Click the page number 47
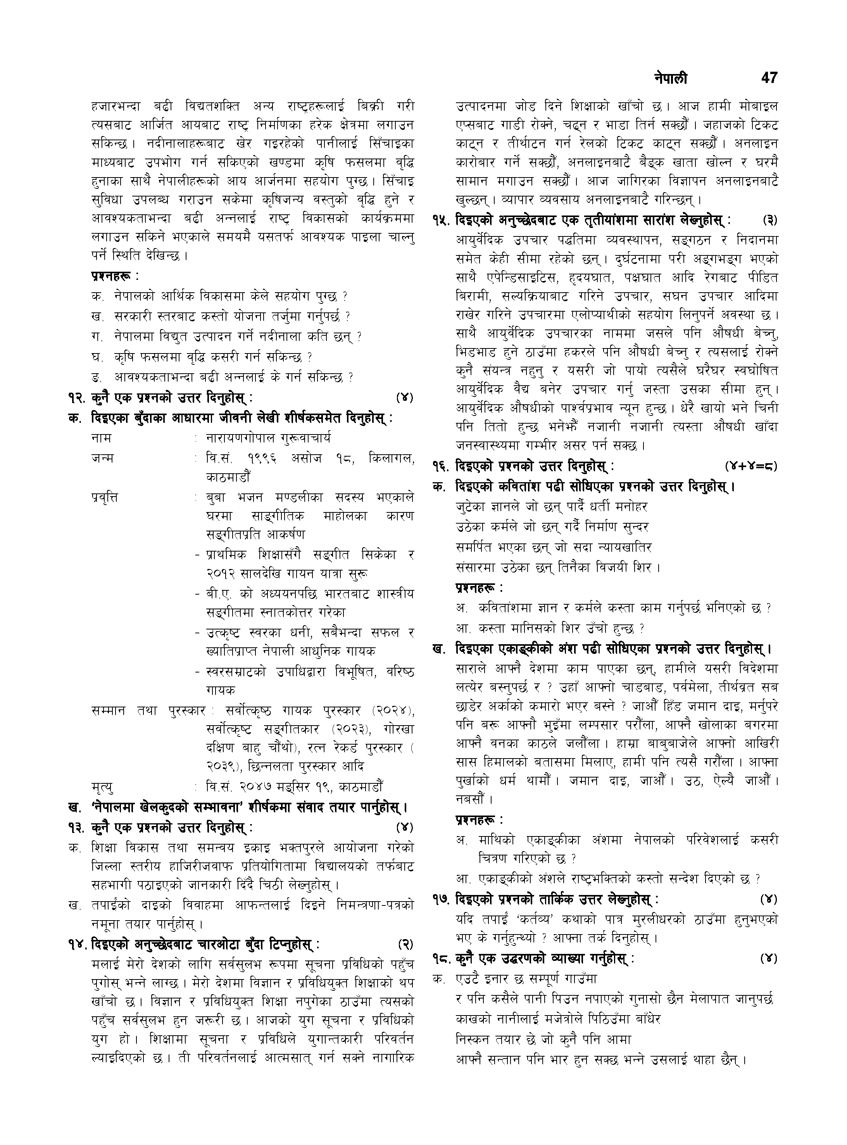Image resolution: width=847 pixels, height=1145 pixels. (x=769, y=78)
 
